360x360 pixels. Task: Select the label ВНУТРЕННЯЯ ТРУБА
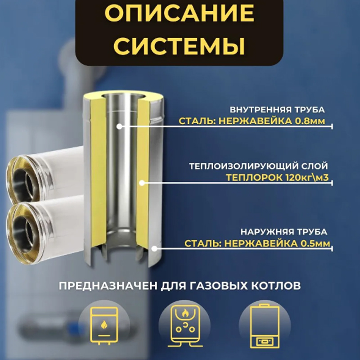coord(277,109)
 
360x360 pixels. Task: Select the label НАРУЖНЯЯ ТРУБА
coord(284,232)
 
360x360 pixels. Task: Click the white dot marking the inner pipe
coord(119,126)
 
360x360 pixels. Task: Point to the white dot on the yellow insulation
coord(142,183)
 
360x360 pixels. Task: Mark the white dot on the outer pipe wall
coord(154,249)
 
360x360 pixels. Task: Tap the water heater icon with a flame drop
coord(104,325)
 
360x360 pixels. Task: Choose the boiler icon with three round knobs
coord(185,326)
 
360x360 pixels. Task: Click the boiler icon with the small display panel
coord(265,325)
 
